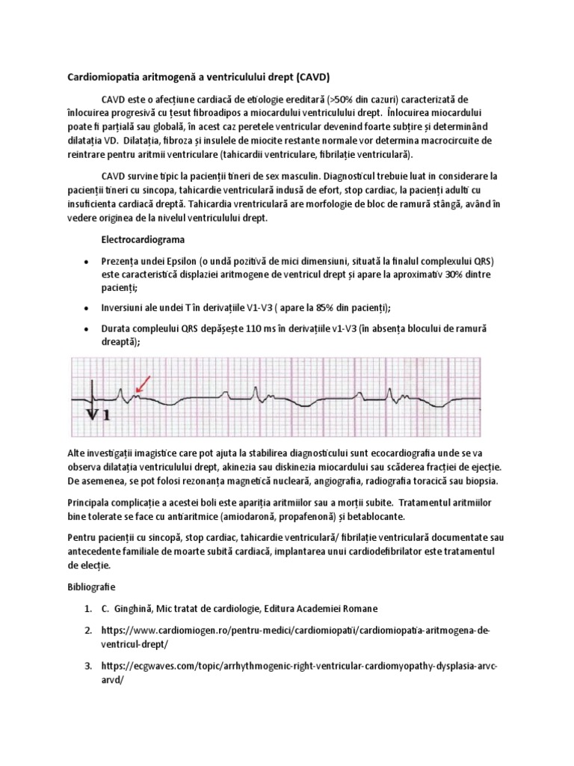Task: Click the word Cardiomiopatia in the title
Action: [x=96, y=77]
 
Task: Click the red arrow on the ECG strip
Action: [x=143, y=384]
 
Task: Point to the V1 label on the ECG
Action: [x=97, y=414]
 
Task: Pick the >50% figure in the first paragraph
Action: [x=351, y=99]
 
